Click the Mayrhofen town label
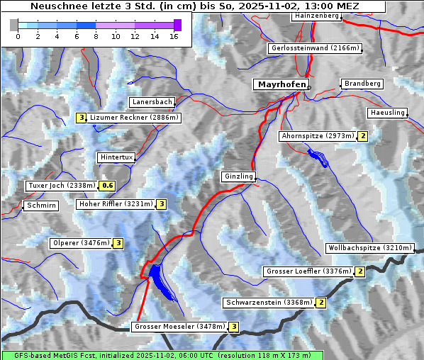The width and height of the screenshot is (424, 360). (x=281, y=84)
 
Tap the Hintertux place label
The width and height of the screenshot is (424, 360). (x=116, y=157)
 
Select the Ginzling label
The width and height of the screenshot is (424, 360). (x=238, y=176)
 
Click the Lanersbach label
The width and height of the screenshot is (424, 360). (x=152, y=102)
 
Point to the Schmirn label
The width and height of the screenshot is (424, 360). (x=40, y=206)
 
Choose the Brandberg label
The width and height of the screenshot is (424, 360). (x=363, y=84)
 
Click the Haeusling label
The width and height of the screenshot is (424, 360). (x=387, y=113)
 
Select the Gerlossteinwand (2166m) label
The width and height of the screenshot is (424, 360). (x=316, y=48)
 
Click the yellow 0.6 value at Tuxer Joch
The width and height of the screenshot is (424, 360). (x=107, y=186)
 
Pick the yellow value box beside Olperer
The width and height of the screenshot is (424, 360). (x=118, y=243)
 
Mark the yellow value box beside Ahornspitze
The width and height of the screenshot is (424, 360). (x=363, y=136)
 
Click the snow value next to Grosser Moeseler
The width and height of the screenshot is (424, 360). (x=234, y=327)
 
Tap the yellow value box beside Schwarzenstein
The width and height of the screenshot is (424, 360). (x=321, y=303)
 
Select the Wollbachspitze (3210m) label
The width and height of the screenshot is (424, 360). (x=369, y=248)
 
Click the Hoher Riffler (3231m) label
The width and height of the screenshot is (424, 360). (x=115, y=204)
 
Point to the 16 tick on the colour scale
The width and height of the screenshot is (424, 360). (x=173, y=36)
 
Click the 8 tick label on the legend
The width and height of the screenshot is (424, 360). (x=96, y=36)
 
